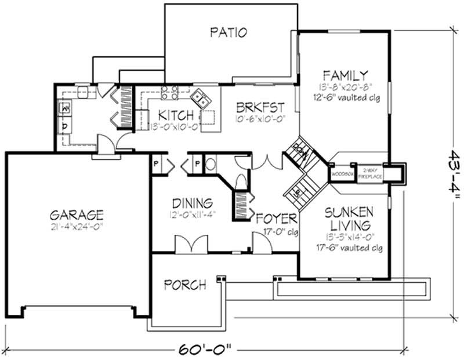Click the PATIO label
[x=229, y=32]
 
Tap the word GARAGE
[x=77, y=214]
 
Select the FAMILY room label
[x=345, y=75]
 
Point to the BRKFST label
[x=260, y=107]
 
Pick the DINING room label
[x=192, y=203]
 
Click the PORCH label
[x=184, y=285]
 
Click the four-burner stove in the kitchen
[x=169, y=93]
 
